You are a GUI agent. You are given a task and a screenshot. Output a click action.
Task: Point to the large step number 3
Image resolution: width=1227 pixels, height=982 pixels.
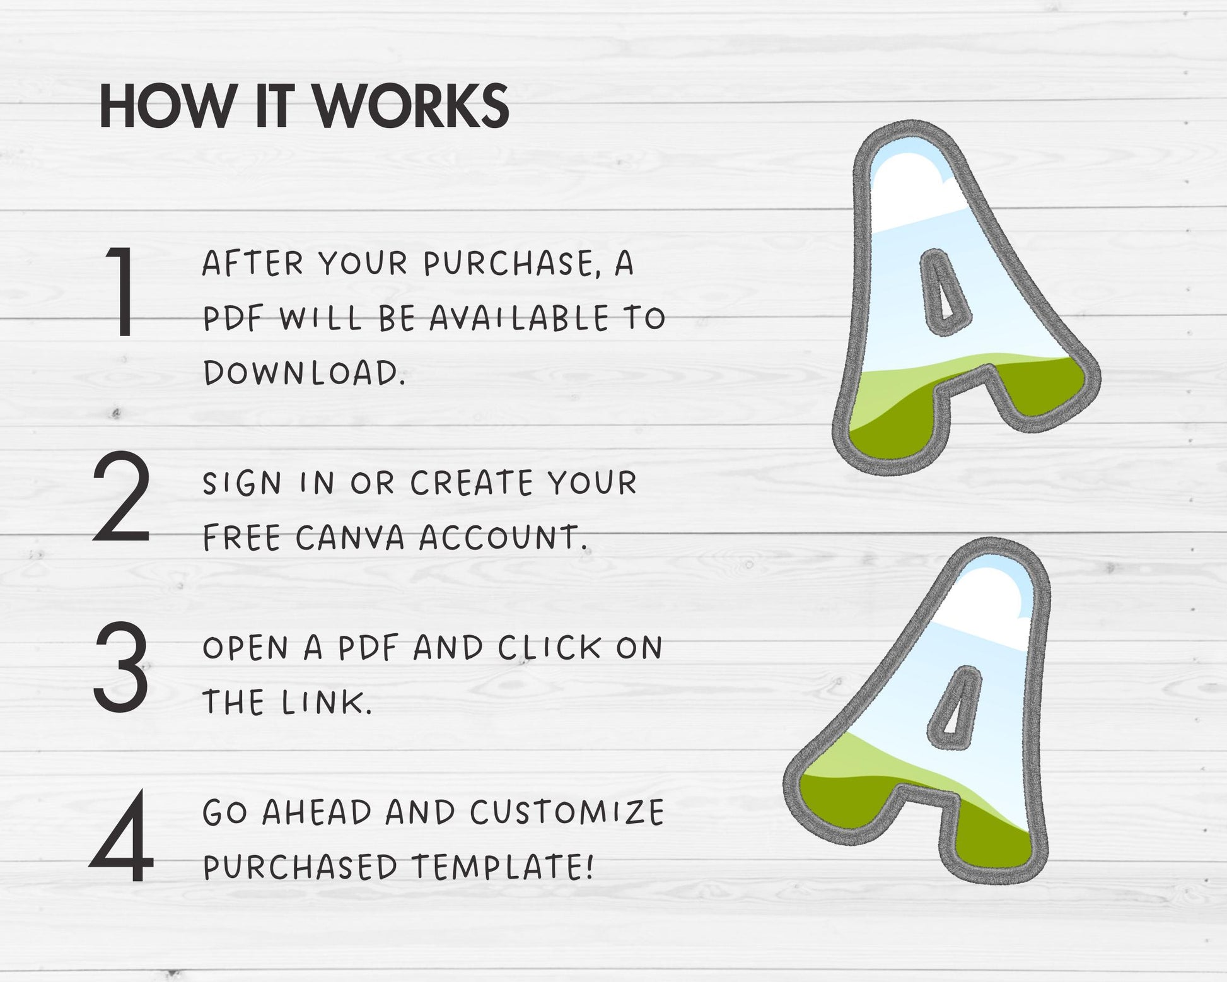tap(121, 666)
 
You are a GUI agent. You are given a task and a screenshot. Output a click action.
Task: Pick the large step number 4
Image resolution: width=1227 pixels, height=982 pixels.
tap(121, 835)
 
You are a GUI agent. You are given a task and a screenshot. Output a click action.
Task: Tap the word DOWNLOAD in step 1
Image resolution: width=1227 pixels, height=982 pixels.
tap(303, 373)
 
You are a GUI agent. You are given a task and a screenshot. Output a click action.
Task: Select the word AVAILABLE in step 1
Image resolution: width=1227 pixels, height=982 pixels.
tap(520, 318)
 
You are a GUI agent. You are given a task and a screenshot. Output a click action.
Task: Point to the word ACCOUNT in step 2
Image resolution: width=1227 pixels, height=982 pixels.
tap(501, 538)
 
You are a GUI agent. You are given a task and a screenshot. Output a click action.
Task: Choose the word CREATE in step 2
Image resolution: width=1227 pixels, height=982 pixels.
tap(472, 484)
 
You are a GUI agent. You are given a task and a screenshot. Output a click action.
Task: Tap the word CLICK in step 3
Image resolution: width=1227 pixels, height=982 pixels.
tap(550, 648)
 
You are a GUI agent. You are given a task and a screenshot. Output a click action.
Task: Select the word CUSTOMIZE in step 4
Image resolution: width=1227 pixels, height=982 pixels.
tap(567, 812)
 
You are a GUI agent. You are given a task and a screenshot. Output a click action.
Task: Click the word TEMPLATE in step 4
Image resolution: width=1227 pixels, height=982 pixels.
tap(503, 867)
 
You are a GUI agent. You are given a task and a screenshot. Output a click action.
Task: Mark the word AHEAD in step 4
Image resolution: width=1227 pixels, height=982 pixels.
tap(317, 812)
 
